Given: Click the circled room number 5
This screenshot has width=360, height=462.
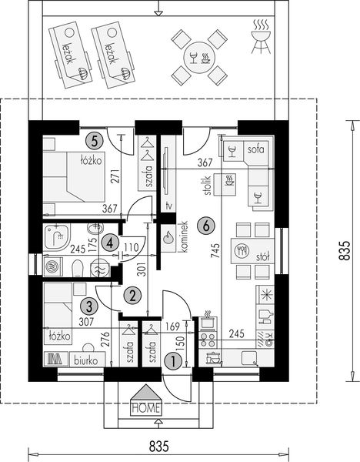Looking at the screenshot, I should click(x=95, y=140).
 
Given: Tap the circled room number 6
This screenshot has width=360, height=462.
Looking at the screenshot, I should click(x=205, y=226).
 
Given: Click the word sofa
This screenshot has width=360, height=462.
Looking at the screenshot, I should click(x=254, y=149).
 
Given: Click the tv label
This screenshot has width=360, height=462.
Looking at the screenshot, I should click(x=168, y=206).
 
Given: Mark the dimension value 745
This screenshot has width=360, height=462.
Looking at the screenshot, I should click(x=217, y=253).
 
